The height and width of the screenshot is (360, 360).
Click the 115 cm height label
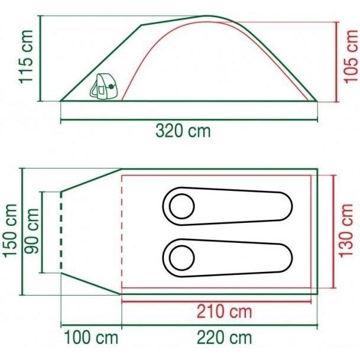coord(26,57)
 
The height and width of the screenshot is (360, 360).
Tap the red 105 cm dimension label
coord(351,56)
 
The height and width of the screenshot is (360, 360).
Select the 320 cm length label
coord(183,131)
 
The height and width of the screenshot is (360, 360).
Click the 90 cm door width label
coord(32,231)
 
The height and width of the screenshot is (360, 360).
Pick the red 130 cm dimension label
coord(346,231)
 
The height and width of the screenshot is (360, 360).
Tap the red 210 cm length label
coord(224,312)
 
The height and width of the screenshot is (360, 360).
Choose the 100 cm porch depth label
coord(91,338)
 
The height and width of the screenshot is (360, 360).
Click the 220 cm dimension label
coord(224,338)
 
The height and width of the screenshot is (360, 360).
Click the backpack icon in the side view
coord(103,86)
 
